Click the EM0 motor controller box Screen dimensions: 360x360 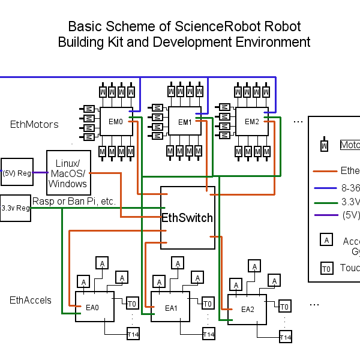tap(116, 122)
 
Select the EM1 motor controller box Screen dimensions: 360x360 tap(184, 122)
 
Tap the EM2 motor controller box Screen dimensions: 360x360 tap(251, 121)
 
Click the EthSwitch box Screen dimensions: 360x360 tap(188, 218)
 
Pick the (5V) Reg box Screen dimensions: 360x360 tap(17, 173)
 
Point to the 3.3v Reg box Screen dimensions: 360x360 tap(16, 208)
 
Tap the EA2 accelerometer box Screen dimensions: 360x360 tap(247, 309)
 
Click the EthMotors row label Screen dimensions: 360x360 tap(34, 124)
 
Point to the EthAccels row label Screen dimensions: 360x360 tap(31, 300)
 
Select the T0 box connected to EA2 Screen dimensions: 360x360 tap(285, 307)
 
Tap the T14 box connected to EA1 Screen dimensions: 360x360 tap(208, 334)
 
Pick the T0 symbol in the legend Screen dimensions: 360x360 tap(326, 268)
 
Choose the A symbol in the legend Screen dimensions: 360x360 tap(326, 240)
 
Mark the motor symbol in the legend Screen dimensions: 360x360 tap(324, 145)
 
